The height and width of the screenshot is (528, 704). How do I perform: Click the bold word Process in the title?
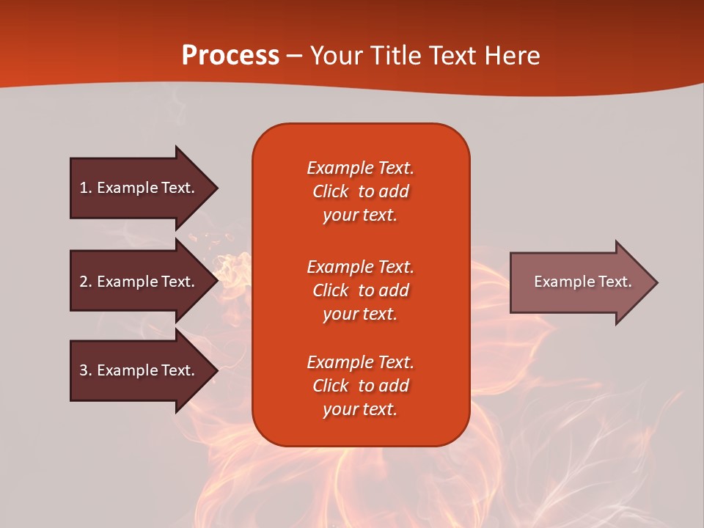coord(230,56)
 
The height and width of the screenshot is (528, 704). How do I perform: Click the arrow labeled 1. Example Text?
coord(139,188)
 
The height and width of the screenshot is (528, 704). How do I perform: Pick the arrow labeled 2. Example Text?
coord(139,282)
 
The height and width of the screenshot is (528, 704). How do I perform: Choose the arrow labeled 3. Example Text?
coord(139,370)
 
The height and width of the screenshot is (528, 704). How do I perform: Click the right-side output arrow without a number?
coord(579,282)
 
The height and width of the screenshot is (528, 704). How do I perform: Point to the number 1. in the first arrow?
coord(86,188)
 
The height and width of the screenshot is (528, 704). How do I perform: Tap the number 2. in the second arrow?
coord(86,282)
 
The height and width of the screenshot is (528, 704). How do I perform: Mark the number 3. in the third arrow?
coord(86,370)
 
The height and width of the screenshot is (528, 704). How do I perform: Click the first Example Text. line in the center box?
coord(360,168)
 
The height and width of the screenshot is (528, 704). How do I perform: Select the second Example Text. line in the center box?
coord(360,266)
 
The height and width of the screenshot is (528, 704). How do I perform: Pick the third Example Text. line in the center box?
coord(360,362)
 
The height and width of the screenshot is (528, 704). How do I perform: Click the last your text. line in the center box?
coord(360,409)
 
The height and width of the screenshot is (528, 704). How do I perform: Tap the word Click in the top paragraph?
coord(330,191)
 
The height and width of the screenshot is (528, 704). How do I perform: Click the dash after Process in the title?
coord(294,56)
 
